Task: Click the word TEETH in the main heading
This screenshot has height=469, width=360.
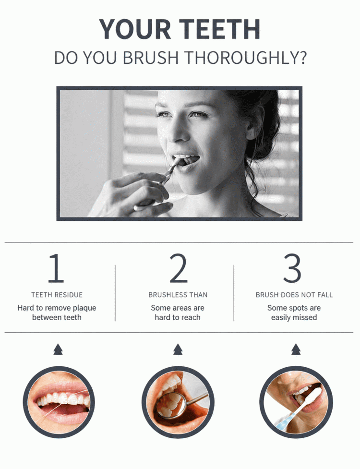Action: (220, 29)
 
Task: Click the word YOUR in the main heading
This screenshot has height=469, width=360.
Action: (135, 29)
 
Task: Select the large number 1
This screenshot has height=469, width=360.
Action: (56, 268)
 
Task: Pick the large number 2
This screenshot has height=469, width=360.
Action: (179, 268)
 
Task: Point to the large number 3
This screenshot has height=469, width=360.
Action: (292, 268)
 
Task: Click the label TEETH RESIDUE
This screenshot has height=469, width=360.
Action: (57, 295)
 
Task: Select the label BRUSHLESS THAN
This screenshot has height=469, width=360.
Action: (178, 295)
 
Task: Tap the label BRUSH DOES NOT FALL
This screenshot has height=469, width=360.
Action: (294, 295)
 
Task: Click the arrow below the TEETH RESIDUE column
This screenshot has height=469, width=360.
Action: (58, 349)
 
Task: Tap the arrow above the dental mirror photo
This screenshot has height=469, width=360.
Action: (178, 349)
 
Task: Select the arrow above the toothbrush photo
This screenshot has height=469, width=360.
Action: (296, 349)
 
